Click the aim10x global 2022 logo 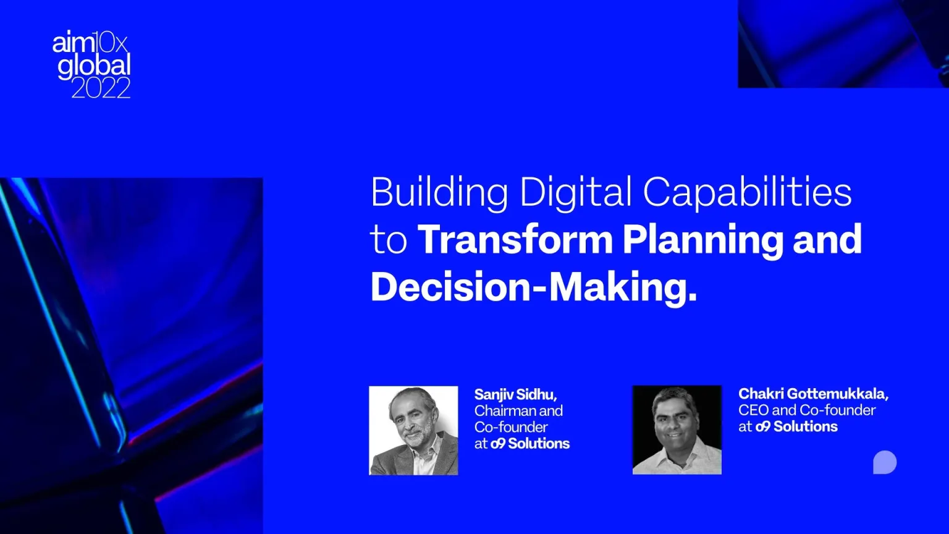click(x=91, y=66)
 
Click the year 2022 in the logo click(x=101, y=88)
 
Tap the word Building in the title click(x=439, y=192)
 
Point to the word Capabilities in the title click(x=748, y=192)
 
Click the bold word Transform click(x=515, y=240)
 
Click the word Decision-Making click(x=533, y=287)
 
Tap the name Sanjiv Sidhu click(x=515, y=394)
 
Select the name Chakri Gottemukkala click(x=813, y=394)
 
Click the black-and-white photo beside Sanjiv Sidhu click(x=413, y=430)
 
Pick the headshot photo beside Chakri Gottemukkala click(x=677, y=430)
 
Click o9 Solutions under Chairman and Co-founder click(x=530, y=444)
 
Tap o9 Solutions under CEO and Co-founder click(x=796, y=426)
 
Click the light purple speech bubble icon click(x=884, y=462)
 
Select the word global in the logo click(x=94, y=66)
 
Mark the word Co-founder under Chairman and click(x=511, y=427)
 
